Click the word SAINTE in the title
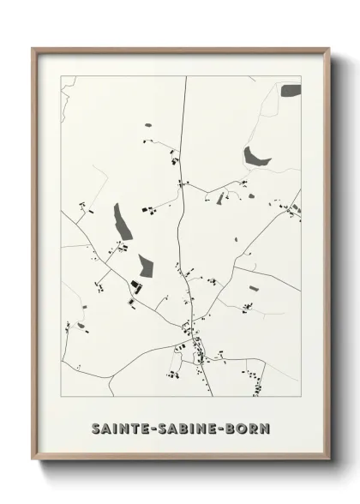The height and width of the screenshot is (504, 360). coord(121,426)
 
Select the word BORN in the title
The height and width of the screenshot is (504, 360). coord(248,426)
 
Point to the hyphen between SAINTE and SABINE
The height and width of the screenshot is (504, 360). coord(153,426)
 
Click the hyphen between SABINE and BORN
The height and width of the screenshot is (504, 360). coord(221,426)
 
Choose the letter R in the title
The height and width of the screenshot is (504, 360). coord(255,426)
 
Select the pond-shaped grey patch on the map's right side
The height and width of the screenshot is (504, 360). coord(254,156)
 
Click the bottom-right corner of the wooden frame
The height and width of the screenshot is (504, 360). coord(328,461)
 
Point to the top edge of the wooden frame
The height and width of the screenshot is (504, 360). coord(181,49)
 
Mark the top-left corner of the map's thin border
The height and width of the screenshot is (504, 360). coord(61,77)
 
